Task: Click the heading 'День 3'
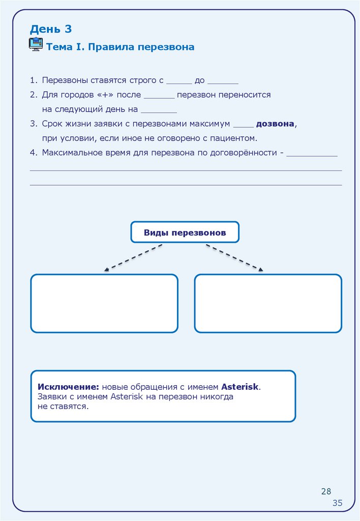click(x=50, y=29)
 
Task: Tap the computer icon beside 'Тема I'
click(x=36, y=44)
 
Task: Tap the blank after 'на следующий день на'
click(x=159, y=110)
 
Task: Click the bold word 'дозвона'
click(x=275, y=124)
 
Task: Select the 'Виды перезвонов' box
click(x=185, y=233)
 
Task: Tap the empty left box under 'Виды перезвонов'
click(x=104, y=303)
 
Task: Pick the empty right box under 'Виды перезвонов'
click(x=268, y=303)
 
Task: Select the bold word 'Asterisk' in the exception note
click(x=240, y=387)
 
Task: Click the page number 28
click(x=326, y=491)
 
